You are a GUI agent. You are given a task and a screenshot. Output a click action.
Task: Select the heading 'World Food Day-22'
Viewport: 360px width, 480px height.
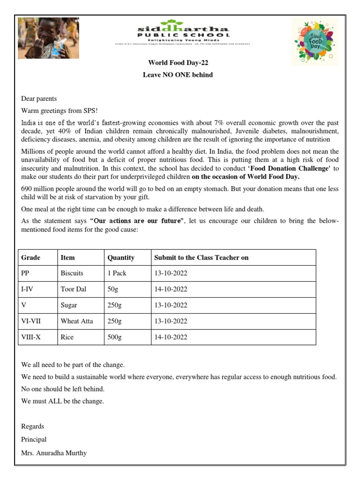pos(178,63)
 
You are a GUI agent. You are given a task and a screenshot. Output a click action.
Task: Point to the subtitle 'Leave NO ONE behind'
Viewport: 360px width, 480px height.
pos(178,75)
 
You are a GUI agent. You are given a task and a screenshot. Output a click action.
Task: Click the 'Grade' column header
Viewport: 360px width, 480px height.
pos(31,257)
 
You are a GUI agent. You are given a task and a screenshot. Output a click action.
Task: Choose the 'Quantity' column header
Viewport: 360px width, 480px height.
pos(121,257)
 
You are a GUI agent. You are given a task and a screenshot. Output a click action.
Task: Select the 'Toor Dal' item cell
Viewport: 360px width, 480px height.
pos(74,289)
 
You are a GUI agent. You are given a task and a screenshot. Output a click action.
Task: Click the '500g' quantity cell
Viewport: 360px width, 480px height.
pos(114,337)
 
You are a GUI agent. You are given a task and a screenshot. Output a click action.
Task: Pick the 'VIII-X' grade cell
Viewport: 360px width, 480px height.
pos(31,337)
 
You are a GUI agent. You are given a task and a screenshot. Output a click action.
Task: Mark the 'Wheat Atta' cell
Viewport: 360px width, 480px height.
pos(77,321)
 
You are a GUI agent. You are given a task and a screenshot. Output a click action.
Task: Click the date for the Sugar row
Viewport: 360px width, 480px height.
pos(171,305)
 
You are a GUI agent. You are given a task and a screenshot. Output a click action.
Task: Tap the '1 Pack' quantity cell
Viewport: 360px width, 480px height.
pos(117,273)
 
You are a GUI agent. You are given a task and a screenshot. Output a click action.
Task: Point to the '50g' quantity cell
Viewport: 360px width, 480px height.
pos(113,289)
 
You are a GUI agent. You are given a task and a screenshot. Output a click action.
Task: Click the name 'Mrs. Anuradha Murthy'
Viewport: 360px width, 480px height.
pos(54,453)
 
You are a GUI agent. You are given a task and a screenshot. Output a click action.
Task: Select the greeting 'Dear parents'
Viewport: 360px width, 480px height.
pos(39,98)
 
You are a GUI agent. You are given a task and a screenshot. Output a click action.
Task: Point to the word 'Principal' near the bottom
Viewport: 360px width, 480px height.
pos(34,440)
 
